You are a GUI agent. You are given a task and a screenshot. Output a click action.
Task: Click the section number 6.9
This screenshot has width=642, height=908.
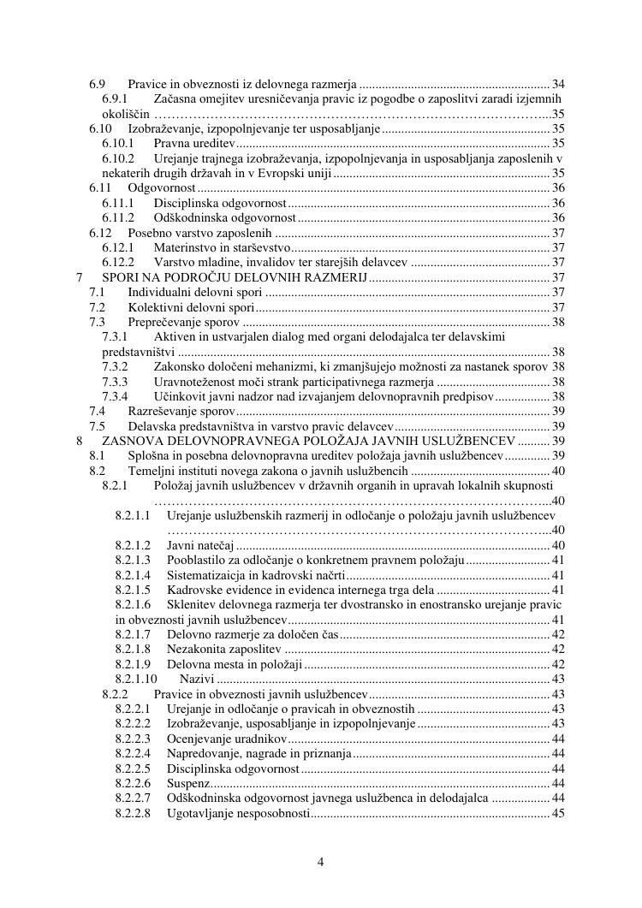click(x=97, y=85)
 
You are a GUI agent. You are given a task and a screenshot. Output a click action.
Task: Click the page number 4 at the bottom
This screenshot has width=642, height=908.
click(x=321, y=862)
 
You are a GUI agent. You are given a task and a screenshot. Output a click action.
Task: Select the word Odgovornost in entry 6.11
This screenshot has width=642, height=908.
click(x=162, y=188)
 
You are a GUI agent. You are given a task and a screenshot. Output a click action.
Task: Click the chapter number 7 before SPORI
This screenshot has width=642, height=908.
click(x=79, y=278)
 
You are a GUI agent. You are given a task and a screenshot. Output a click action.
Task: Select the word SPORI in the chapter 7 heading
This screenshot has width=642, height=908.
click(x=120, y=278)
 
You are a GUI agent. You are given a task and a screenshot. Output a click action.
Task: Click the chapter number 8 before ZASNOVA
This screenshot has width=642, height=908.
click(x=79, y=441)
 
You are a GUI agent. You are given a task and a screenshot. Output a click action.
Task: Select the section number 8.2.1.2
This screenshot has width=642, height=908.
click(x=133, y=545)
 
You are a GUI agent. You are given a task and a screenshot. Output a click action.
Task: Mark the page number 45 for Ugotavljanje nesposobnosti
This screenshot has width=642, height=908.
click(x=558, y=813)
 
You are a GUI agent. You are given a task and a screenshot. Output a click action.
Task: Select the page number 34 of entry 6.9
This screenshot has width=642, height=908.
click(x=558, y=85)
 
